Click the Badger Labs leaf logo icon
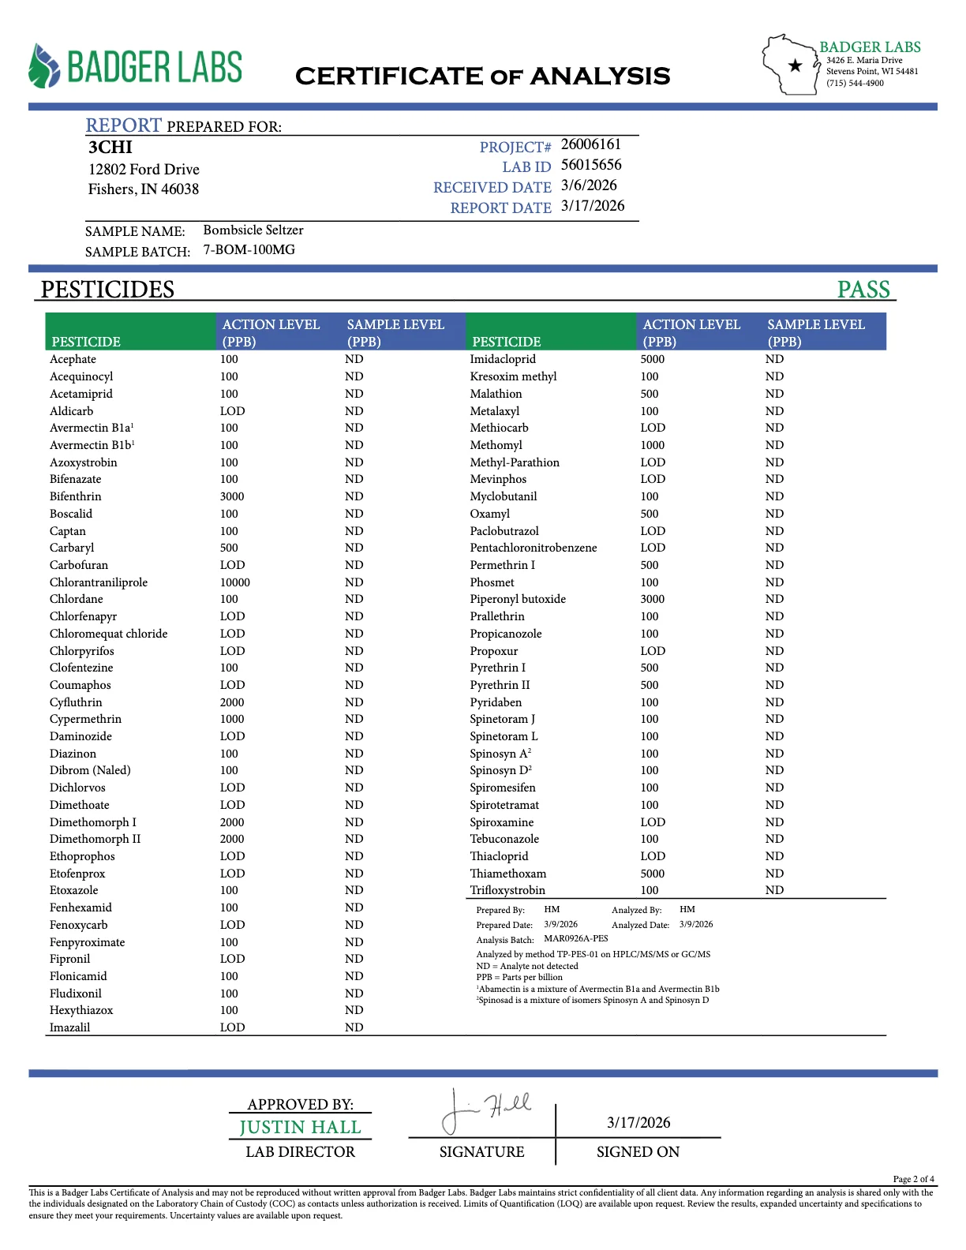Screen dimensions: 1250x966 44,66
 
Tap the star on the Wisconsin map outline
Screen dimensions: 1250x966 796,65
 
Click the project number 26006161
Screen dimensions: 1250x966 590,144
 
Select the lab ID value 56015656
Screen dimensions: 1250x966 591,165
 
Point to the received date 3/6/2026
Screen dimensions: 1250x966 589,185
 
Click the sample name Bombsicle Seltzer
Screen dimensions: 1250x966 253,230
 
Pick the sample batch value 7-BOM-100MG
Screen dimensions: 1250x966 249,250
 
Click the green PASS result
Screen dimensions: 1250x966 863,290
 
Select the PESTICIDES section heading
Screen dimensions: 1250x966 107,290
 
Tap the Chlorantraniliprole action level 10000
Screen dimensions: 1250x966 235,582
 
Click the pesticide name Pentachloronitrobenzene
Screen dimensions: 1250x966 534,548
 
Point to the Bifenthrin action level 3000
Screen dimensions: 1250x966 232,496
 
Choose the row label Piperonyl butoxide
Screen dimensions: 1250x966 518,599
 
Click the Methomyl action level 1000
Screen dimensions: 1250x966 653,445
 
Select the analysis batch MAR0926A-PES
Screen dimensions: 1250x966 576,939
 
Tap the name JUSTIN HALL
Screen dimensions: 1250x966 300,1128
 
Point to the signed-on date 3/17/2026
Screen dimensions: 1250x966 638,1123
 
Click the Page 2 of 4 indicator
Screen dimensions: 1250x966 913,1179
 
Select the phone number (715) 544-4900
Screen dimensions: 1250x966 855,83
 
